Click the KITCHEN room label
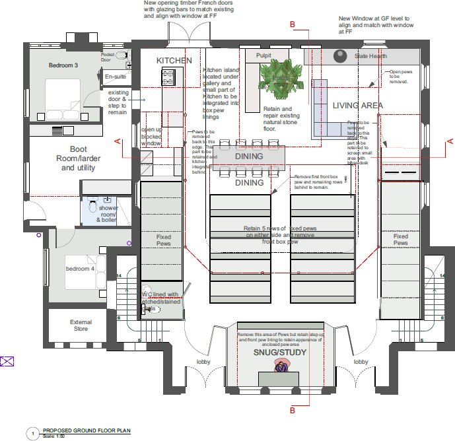(x=174, y=61)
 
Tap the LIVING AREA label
(x=357, y=106)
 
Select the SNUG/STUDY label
(x=281, y=354)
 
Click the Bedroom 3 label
(x=63, y=65)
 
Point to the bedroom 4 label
(x=79, y=269)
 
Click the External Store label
(x=80, y=325)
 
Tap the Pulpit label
(x=264, y=57)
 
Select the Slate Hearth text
(x=370, y=57)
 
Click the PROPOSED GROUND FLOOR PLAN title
(x=87, y=430)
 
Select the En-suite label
(x=115, y=77)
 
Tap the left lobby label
(x=203, y=362)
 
